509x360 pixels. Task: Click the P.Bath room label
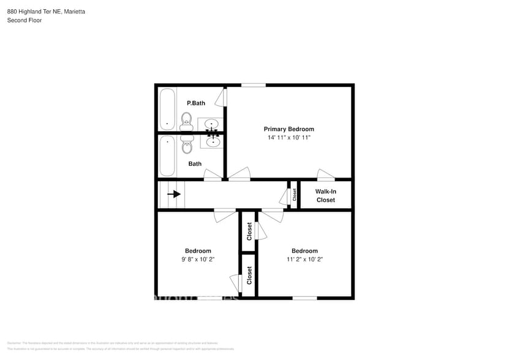(196, 103)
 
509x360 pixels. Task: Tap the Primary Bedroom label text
(288, 129)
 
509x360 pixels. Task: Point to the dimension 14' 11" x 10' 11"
(288, 138)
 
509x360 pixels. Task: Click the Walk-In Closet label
(325, 196)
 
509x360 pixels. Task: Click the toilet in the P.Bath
(186, 119)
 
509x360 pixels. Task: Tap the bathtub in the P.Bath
(167, 109)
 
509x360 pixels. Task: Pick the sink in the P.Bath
(212, 124)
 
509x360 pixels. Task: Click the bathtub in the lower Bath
(167, 156)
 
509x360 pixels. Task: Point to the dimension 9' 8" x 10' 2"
(198, 260)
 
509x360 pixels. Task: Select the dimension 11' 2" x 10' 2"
(304, 260)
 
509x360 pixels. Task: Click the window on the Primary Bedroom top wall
(253, 85)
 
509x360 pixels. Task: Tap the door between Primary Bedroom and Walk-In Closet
(326, 176)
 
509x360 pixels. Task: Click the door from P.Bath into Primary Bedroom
(225, 97)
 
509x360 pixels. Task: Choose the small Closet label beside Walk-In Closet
(294, 195)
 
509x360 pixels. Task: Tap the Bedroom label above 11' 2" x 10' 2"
(304, 251)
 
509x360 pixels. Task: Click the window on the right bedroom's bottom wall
(304, 298)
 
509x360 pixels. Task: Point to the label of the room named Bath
(195, 164)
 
